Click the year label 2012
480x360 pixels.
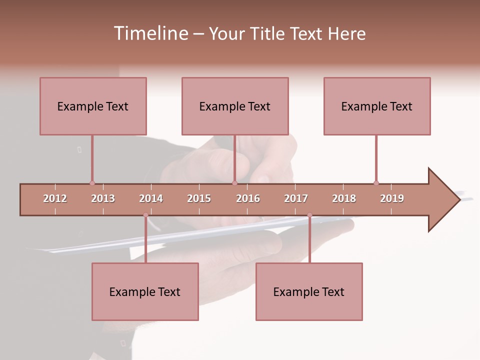(55, 198)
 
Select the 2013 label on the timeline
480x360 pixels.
(103, 198)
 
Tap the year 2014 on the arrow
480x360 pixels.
(151, 198)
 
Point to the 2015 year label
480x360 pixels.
(199, 198)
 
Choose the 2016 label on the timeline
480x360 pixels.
(248, 198)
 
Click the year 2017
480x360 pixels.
(296, 198)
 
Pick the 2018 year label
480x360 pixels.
(344, 198)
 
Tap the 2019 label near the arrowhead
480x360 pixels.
(392, 198)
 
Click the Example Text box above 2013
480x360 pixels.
(93, 106)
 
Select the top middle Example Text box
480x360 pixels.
(235, 106)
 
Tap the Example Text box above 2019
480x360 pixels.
(377, 106)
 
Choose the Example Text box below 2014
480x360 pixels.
(145, 291)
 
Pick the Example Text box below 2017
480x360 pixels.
(309, 291)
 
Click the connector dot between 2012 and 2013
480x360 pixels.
(92, 183)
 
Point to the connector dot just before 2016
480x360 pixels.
(234, 183)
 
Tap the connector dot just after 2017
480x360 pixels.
(309, 215)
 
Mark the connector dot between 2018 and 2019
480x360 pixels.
(376, 183)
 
